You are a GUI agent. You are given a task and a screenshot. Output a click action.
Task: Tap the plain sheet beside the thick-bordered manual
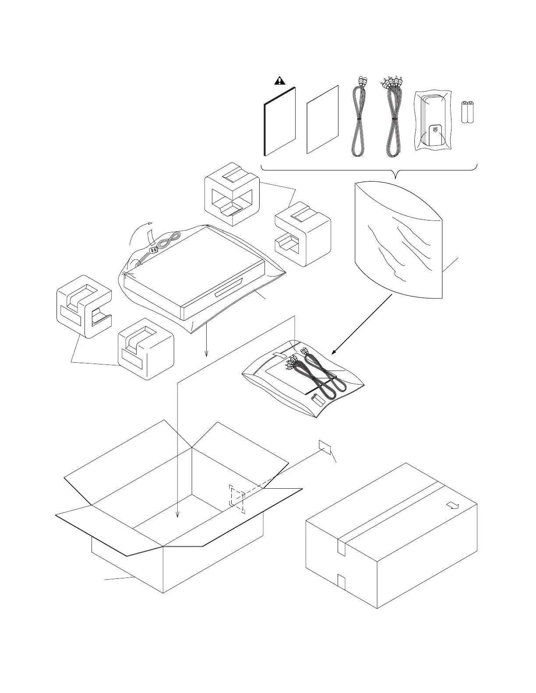click(323, 119)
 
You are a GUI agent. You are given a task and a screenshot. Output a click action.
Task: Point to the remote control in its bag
click(432, 121)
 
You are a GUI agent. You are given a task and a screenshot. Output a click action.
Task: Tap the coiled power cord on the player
click(169, 240)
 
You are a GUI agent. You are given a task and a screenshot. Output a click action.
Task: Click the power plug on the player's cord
click(153, 250)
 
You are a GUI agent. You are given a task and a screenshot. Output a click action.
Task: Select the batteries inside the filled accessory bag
click(316, 399)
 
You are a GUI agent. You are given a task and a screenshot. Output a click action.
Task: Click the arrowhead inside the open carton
click(177, 514)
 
